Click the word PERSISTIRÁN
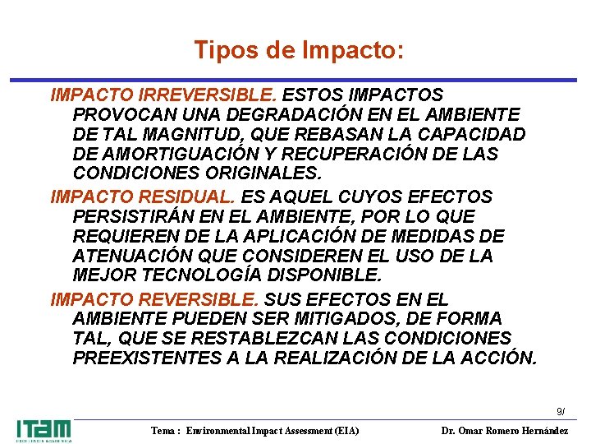click(134, 216)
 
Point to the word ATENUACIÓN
click(130, 256)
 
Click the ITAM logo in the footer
click(44, 430)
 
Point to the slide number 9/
click(560, 411)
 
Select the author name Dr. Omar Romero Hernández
click(504, 431)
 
